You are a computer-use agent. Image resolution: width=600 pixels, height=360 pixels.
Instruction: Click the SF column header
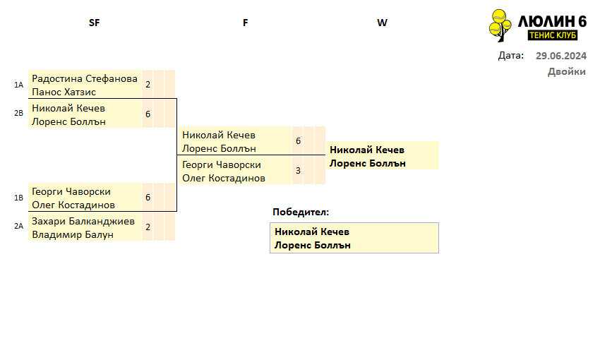point(94,23)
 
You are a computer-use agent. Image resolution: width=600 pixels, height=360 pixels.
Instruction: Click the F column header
point(245,23)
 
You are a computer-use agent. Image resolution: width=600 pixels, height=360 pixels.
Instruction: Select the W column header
point(382,23)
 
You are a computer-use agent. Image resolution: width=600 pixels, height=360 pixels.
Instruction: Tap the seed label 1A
point(19,85)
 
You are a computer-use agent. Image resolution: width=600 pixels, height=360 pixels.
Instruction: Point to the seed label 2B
point(19,113)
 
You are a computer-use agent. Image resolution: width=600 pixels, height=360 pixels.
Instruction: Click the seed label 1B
point(19,198)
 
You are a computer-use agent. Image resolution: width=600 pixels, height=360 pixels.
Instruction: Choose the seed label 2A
point(19,226)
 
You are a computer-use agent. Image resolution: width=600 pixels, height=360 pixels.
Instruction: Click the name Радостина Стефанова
point(85,79)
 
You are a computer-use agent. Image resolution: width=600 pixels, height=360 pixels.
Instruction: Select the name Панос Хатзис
point(64,92)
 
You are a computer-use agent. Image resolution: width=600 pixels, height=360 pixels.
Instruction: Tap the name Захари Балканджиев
point(83,222)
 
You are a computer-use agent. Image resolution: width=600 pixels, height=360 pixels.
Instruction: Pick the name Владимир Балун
point(73,235)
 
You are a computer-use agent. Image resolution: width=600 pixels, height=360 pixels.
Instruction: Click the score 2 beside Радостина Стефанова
point(148,85)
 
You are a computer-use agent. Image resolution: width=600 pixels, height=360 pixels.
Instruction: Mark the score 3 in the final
point(298,171)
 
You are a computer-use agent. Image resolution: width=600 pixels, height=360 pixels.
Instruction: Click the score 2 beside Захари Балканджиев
point(148,227)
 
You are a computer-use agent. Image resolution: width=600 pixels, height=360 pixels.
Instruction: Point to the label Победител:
point(301,212)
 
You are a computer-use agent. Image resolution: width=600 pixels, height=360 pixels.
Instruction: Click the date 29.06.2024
point(561,56)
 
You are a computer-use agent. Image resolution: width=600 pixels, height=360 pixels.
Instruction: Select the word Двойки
point(567,72)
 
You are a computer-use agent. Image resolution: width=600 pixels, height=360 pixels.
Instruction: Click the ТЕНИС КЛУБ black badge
point(553,35)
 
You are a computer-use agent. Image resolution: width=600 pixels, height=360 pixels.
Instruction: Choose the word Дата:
point(511,56)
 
